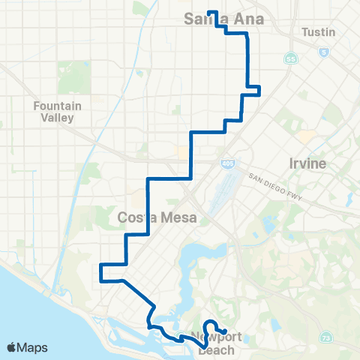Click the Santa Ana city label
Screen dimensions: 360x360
coord(224,19)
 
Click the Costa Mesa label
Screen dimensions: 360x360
coord(157,217)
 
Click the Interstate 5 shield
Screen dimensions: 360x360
coord(323,52)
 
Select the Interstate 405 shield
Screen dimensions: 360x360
coord(226,163)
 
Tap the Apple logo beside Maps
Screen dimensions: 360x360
coord(12,346)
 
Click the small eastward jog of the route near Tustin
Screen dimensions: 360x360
coord(256,91)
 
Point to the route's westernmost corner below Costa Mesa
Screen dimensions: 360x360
coord(100,272)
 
